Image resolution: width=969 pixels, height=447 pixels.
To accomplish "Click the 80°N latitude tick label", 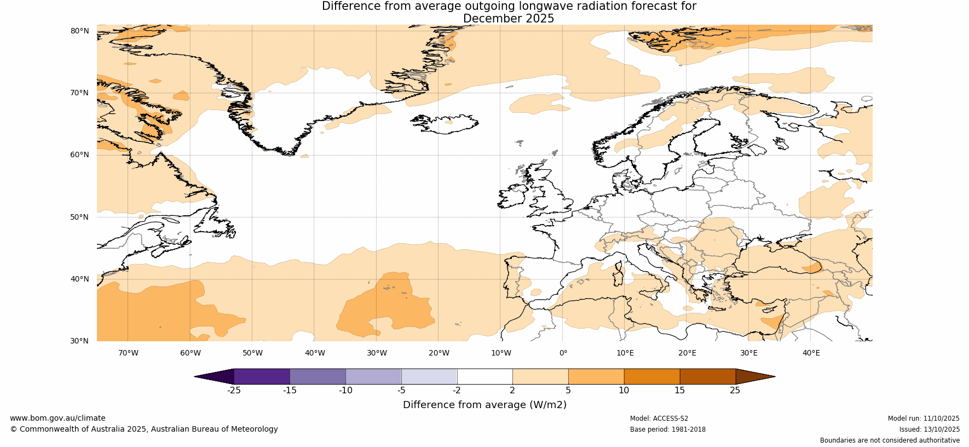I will pyautogui.click(x=79, y=31).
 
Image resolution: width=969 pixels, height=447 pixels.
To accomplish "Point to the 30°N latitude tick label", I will pyautogui.click(x=79, y=341).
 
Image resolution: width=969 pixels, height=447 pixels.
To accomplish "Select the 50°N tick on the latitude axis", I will pyautogui.click(x=79, y=217).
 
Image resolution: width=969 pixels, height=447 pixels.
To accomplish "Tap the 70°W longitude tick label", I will pyautogui.click(x=128, y=353).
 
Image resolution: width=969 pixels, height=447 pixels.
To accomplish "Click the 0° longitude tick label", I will pyautogui.click(x=563, y=353).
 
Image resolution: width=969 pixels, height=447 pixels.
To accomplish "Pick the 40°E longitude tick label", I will pyautogui.click(x=811, y=353).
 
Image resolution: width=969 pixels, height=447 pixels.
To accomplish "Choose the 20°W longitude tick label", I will pyautogui.click(x=439, y=353).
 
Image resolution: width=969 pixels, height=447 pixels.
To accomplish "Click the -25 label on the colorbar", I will pyautogui.click(x=234, y=391).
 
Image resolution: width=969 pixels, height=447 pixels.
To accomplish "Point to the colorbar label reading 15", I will pyautogui.click(x=679, y=391).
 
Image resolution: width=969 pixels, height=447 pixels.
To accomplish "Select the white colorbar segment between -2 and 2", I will pyautogui.click(x=484, y=376).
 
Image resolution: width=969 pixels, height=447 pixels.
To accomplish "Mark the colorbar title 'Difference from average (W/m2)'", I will pyautogui.click(x=484, y=405).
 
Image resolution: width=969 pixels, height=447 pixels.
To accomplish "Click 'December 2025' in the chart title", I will pyautogui.click(x=508, y=19).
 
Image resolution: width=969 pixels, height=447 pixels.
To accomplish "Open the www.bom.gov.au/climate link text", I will pyautogui.click(x=57, y=418).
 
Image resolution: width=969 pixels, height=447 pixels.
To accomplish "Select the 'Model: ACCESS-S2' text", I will pyautogui.click(x=659, y=419).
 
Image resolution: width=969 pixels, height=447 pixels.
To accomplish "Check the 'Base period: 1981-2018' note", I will pyautogui.click(x=667, y=429).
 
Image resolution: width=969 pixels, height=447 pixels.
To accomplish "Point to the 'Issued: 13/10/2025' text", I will pyautogui.click(x=929, y=429).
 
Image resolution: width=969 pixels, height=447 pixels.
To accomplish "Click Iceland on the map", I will pyautogui.click(x=445, y=123).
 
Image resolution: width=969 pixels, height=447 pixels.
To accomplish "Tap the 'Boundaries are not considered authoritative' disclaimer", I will pyautogui.click(x=890, y=440).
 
